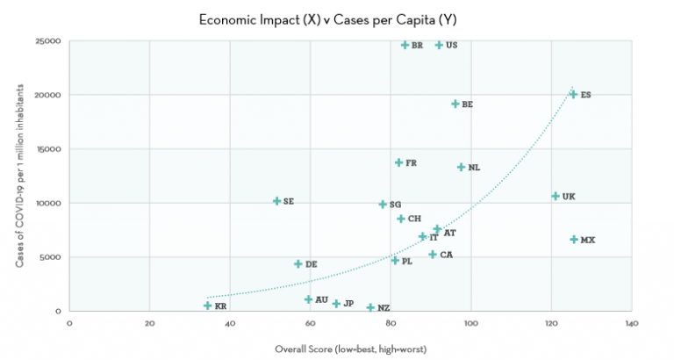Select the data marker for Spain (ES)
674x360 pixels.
tap(573, 94)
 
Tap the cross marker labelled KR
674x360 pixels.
tap(208, 306)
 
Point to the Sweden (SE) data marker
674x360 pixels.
tap(277, 201)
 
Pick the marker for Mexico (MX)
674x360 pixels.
tap(574, 239)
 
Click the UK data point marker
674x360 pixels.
tap(556, 196)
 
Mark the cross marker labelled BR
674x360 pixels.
tap(405, 45)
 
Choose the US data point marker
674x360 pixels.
tap(439, 45)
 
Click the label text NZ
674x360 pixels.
tap(384, 308)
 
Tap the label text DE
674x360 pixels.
tap(312, 264)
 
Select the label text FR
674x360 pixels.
tap(411, 163)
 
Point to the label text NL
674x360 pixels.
tap(474, 168)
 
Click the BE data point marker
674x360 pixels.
tap(455, 104)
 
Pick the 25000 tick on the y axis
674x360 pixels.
tap(47, 41)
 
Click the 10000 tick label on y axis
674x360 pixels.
tap(47, 203)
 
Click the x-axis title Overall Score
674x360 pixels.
tap(349, 349)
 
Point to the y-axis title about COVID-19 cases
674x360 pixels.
tap(18, 176)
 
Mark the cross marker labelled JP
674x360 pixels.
tap(336, 304)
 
